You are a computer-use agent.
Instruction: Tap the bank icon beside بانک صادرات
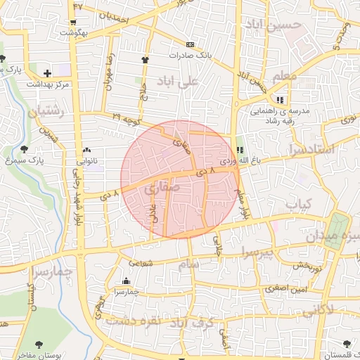point(190,44)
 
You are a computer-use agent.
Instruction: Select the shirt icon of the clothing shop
point(146,60)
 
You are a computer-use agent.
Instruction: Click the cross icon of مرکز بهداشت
point(47,72)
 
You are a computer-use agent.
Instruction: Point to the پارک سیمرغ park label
point(27,160)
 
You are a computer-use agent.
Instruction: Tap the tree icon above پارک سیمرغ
point(25,149)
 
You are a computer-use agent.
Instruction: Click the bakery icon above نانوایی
point(86,150)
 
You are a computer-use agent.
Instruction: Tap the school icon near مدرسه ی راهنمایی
point(281,100)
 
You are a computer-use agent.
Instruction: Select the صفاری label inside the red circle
point(165,188)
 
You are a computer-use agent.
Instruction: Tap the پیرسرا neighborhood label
point(258,250)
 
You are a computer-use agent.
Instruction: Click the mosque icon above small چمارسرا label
point(126,281)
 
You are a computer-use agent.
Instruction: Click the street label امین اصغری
point(284,288)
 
